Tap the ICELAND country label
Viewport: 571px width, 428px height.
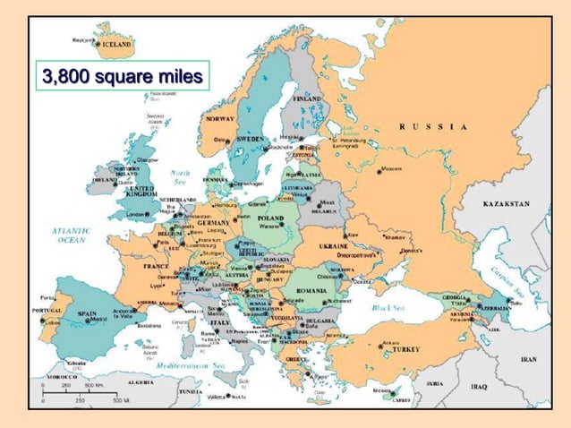tap(115, 42)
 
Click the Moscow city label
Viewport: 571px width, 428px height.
tap(391, 168)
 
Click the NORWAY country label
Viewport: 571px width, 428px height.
tap(220, 118)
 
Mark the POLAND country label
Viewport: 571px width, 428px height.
tap(271, 217)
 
